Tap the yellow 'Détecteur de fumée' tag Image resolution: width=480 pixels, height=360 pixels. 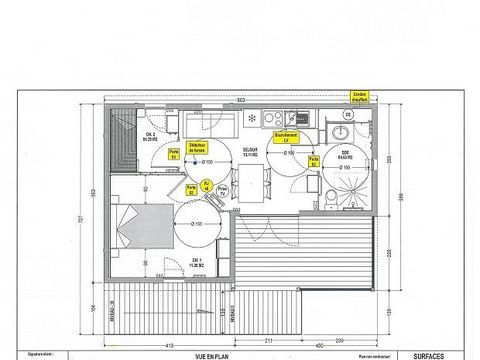pyautogui.click(x=196, y=146)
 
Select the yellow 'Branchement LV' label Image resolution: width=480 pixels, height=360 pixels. pyautogui.click(x=283, y=137)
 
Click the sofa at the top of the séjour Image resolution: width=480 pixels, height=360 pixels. pyautogui.click(x=211, y=124)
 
